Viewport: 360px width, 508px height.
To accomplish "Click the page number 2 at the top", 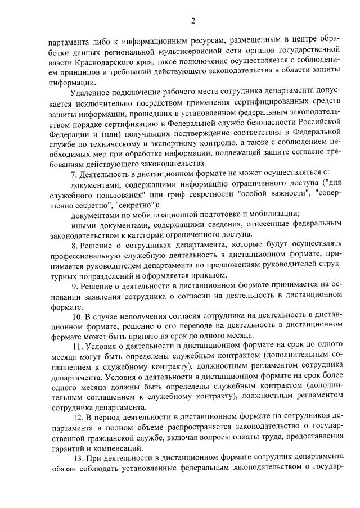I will [x=192, y=22].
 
